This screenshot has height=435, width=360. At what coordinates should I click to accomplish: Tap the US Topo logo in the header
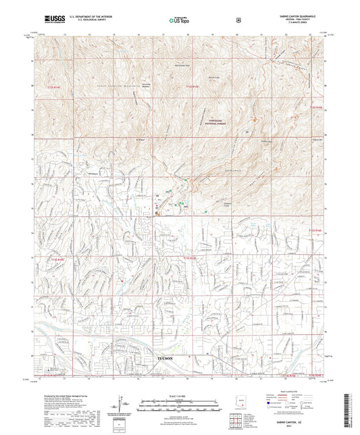point(178,21)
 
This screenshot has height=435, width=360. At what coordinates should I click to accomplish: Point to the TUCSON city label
point(166,358)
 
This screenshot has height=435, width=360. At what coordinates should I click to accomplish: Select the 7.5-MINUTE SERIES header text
point(296,23)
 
